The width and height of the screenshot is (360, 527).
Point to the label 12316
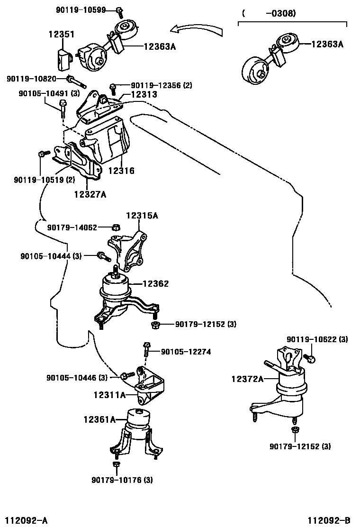point(121,171)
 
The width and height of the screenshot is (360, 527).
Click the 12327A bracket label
point(90,193)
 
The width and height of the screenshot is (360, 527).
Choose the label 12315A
point(142,216)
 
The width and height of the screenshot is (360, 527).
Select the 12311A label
point(109,394)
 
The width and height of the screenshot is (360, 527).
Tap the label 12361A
point(99,419)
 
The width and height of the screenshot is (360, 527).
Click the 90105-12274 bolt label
point(186,352)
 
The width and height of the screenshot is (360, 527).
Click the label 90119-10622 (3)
point(317,339)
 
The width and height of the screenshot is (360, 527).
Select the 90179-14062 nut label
point(72,227)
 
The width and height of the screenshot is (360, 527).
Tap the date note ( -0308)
point(269,14)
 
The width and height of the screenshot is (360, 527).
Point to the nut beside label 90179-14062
point(115,227)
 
